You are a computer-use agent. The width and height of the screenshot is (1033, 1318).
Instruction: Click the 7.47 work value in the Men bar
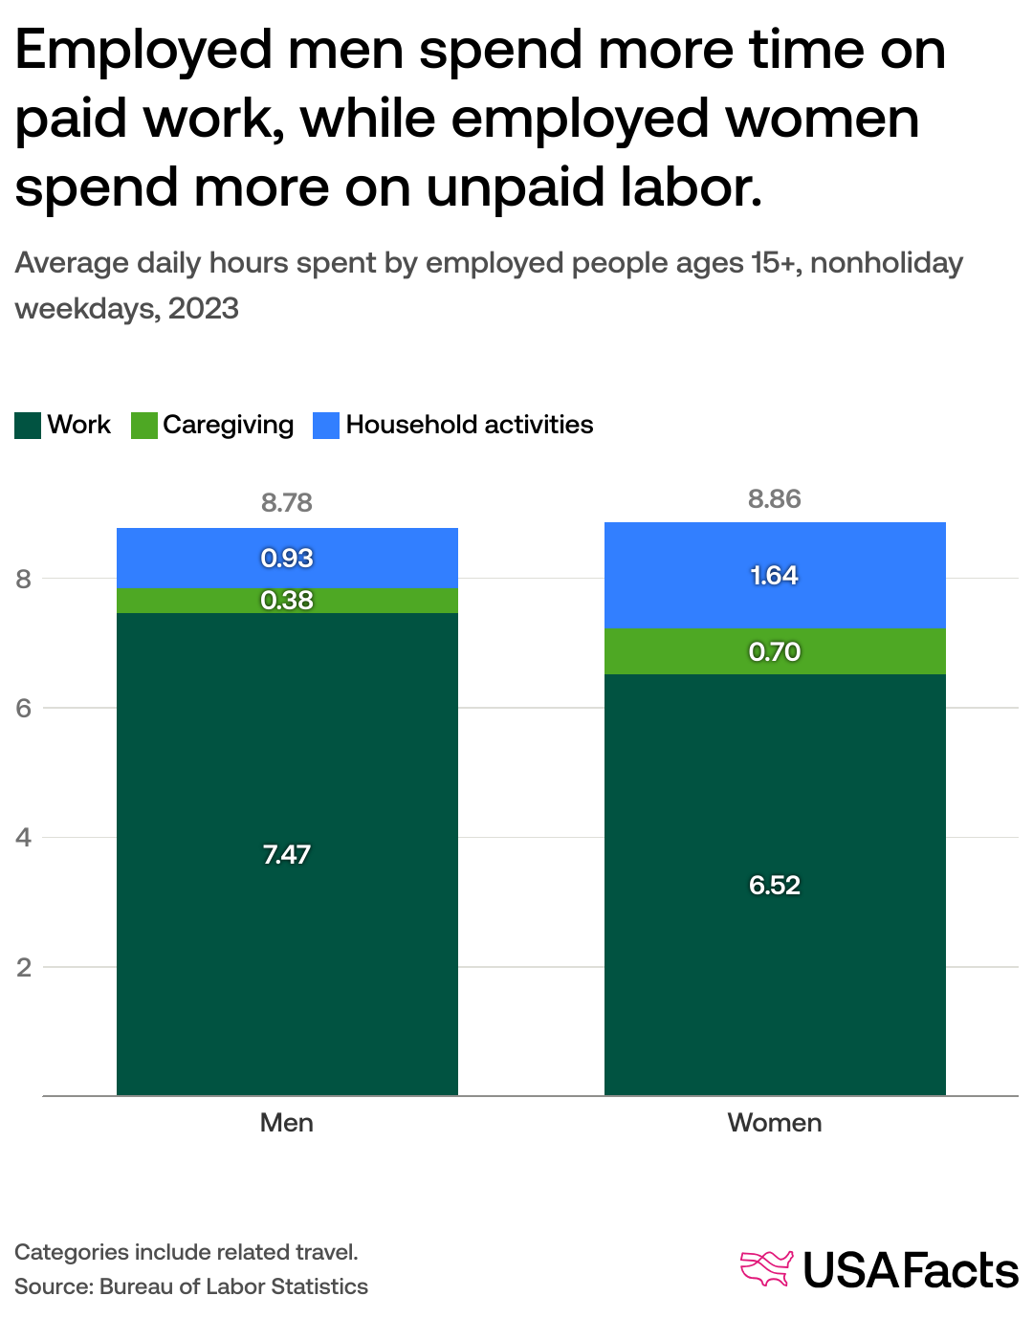point(287,854)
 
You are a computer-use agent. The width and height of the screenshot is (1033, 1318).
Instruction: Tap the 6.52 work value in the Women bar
point(775,885)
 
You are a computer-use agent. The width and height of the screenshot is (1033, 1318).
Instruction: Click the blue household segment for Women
point(670,575)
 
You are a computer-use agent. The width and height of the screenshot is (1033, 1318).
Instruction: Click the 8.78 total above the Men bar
point(287,502)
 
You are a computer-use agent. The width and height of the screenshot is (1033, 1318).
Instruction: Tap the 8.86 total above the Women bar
point(775,498)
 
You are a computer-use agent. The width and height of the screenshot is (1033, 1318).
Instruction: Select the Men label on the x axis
point(287,1122)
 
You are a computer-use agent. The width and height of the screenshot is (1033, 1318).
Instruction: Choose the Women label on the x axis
point(775,1122)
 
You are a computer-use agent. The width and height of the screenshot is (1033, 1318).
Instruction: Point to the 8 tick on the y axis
point(24,579)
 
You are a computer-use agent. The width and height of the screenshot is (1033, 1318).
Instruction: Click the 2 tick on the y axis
point(24,967)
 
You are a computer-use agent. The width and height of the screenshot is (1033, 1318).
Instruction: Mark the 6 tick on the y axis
point(24,708)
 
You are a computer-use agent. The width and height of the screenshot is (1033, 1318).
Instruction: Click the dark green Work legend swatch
point(28,425)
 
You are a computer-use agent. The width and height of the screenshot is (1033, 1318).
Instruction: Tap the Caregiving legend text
point(228,425)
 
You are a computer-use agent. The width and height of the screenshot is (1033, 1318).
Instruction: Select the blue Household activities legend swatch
point(326,425)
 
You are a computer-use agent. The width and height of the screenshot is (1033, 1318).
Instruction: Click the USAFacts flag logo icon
point(766,1268)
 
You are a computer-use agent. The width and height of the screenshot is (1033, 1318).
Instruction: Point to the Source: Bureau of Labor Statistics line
point(191,1286)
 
